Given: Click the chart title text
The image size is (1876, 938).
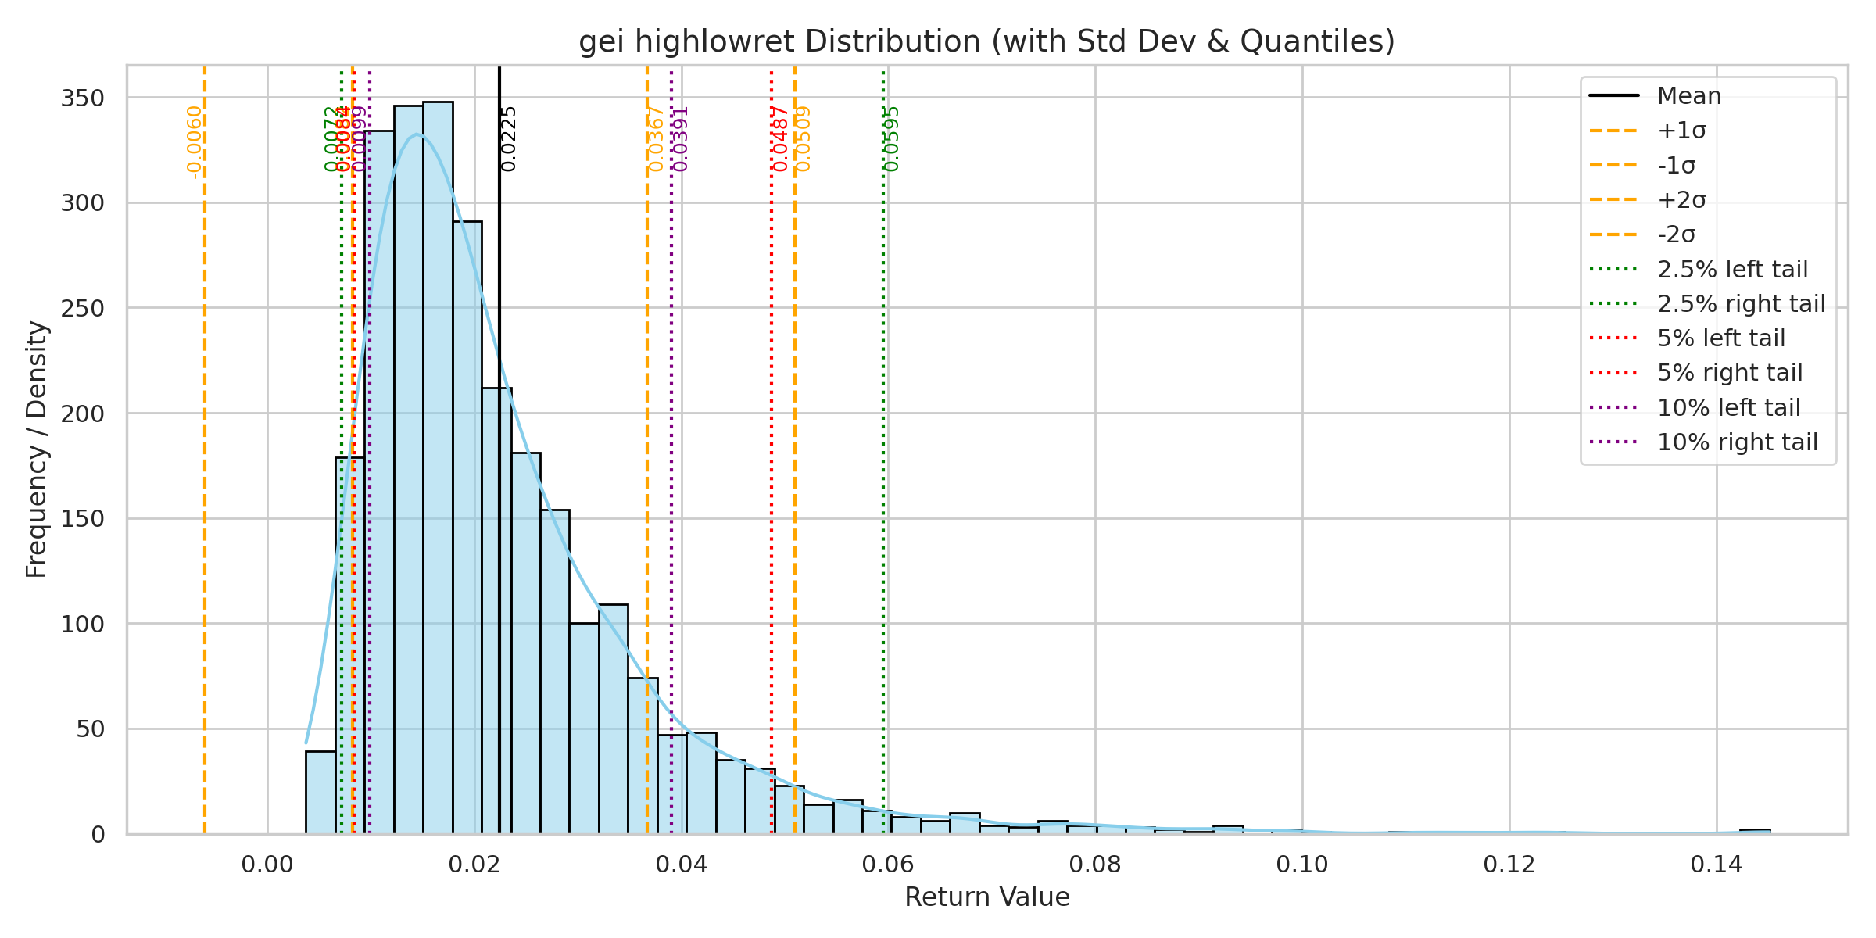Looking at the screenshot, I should tap(986, 41).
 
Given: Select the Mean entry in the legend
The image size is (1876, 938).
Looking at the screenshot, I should tap(1689, 96).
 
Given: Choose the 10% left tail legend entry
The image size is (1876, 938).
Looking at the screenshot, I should tap(1728, 407).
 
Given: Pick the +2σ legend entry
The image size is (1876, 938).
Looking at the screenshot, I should tap(1681, 200).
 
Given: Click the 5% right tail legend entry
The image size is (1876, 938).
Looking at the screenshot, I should tap(1730, 373).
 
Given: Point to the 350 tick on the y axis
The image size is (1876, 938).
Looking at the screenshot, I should tap(82, 98).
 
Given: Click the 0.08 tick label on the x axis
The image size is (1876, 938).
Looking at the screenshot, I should tap(1094, 865).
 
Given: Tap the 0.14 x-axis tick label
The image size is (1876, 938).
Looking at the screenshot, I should tap(1716, 865).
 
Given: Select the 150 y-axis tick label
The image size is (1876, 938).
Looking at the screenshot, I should tap(82, 518).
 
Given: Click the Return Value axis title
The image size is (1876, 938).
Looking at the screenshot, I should tap(986, 897).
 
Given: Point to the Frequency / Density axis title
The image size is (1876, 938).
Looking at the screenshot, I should tap(37, 449).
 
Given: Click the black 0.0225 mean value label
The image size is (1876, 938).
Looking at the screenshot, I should tap(509, 139).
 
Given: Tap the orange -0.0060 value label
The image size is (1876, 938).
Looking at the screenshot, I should tap(195, 142).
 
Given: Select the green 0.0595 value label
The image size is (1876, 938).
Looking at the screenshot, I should tap(892, 139).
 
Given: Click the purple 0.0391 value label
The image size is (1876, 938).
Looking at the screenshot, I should tap(681, 139).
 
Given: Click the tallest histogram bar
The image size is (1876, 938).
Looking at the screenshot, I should tap(438, 469).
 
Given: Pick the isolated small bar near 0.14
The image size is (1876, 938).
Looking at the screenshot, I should tap(1755, 831).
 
